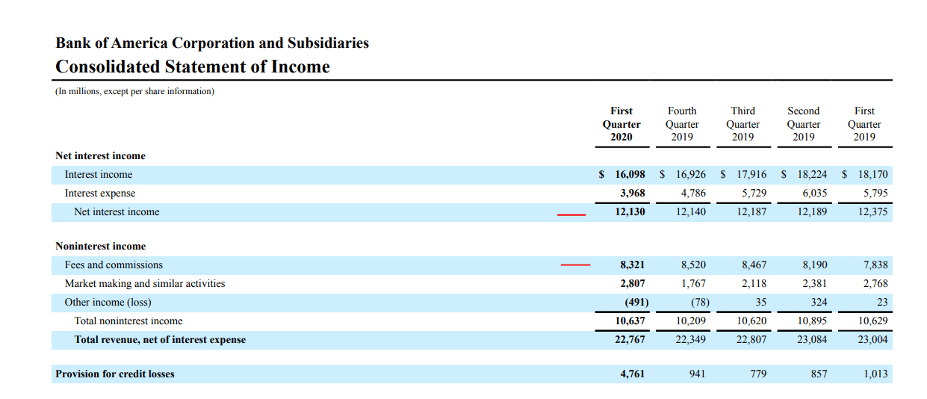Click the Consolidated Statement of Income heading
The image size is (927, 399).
[193, 66]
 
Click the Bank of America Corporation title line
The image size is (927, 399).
[212, 43]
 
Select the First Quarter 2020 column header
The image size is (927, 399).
[621, 123]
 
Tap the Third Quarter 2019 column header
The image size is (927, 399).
[742, 123]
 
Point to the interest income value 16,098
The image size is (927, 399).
[630, 174]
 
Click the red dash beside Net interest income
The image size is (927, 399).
[571, 214]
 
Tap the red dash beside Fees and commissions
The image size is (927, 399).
[575, 265]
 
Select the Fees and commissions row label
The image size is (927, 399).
[114, 265]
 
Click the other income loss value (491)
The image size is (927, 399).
[636, 302]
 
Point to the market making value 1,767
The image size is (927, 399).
[693, 283]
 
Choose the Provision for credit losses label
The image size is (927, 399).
[115, 374]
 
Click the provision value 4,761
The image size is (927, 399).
[633, 374]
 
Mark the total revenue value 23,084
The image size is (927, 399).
[812, 339]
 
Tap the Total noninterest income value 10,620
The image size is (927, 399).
[751, 321]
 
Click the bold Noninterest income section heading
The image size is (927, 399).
[101, 246]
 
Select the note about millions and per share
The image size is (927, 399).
[134, 92]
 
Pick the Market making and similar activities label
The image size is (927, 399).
[145, 283]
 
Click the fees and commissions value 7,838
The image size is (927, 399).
[875, 265]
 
